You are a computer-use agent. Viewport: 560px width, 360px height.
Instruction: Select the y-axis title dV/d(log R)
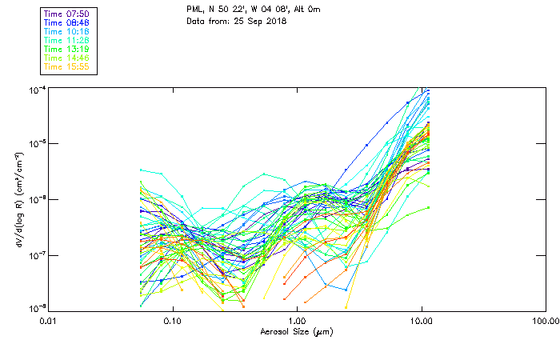coord(15,199)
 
